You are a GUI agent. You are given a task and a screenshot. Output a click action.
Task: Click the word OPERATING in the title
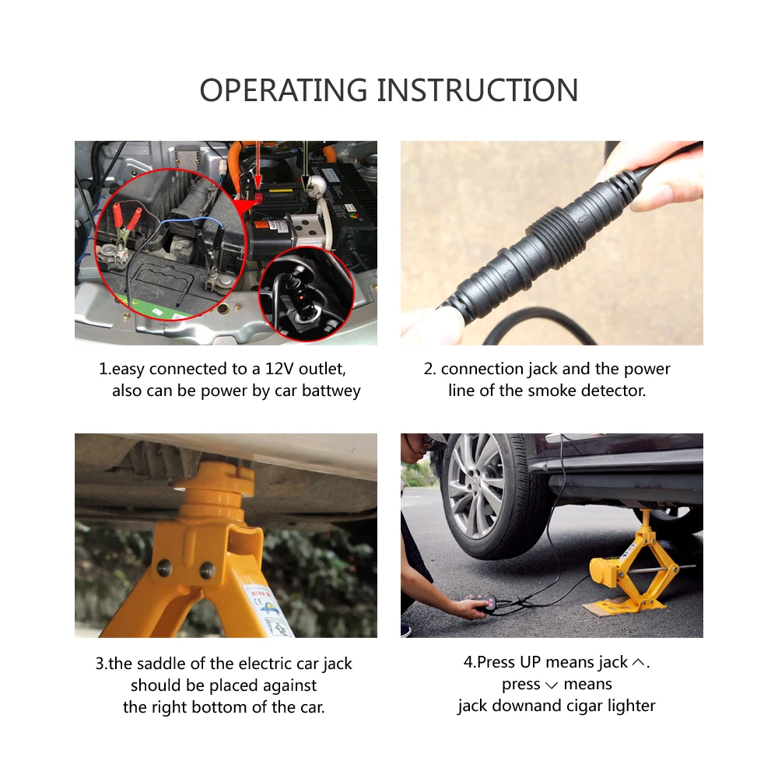(284, 90)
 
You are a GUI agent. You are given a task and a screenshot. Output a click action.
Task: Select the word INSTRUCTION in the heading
(478, 90)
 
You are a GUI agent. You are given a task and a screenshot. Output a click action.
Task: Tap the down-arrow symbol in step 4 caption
(552, 685)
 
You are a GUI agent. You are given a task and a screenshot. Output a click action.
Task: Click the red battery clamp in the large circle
(122, 216)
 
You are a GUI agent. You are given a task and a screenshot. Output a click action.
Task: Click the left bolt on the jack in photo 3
(163, 568)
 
